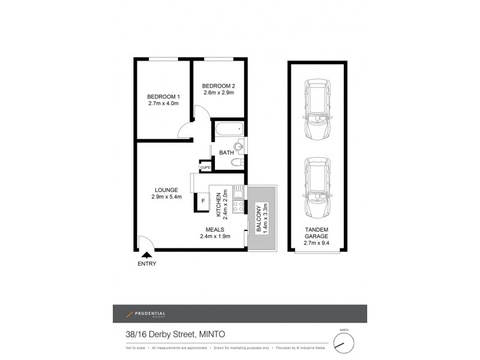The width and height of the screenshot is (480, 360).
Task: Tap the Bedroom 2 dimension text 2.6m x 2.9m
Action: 218,92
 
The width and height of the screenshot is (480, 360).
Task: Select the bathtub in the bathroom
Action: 228,128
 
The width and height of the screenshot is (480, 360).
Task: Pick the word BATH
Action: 226,153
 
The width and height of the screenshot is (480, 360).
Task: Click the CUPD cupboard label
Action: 205,167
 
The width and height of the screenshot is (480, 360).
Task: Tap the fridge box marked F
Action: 203,201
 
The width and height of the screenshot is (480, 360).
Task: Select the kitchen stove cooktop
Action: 238,206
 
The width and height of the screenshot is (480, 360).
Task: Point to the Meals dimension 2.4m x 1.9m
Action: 215,236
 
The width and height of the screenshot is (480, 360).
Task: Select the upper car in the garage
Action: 317,110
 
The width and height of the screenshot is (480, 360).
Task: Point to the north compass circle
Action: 344,343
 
